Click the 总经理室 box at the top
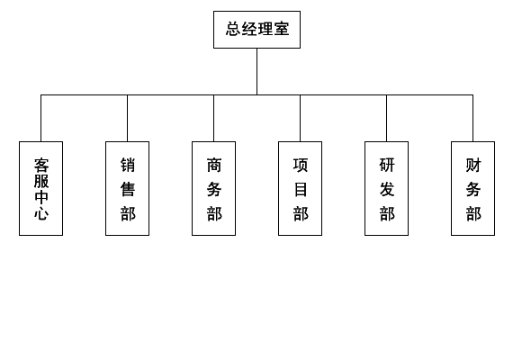pyautogui.click(x=256, y=30)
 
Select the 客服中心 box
pyautogui.click(x=40, y=188)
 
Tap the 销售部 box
pyautogui.click(x=127, y=188)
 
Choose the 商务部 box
pyautogui.click(x=213, y=188)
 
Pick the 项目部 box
pyautogui.click(x=300, y=188)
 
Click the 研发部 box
pyautogui.click(x=386, y=188)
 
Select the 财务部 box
pyautogui.click(x=472, y=188)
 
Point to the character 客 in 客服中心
pyautogui.click(x=41, y=166)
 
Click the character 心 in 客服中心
pyautogui.click(x=41, y=213)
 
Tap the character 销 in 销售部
pyautogui.click(x=128, y=165)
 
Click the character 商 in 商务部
pyautogui.click(x=214, y=165)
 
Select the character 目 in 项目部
pyautogui.click(x=301, y=189)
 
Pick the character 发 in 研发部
pyautogui.click(x=387, y=189)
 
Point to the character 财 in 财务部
pyautogui.click(x=473, y=165)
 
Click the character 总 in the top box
pyautogui.click(x=233, y=29)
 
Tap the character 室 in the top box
pyautogui.click(x=282, y=29)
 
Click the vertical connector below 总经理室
pyautogui.click(x=256, y=72)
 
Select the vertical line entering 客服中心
pyautogui.click(x=40, y=118)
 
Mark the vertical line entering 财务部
pyautogui.click(x=472, y=118)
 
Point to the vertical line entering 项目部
pyautogui.click(x=300, y=118)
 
